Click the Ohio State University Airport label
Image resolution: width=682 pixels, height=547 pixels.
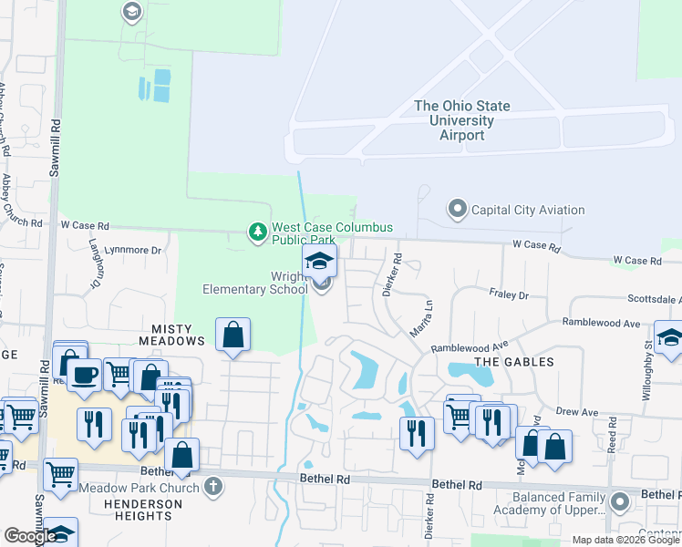pos(462,120)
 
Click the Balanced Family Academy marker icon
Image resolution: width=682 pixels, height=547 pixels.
pos(620,501)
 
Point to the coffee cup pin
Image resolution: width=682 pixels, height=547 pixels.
pos(85,375)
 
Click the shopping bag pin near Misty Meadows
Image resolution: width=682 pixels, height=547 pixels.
pos(233,335)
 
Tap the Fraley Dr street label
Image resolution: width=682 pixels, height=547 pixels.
pos(511,295)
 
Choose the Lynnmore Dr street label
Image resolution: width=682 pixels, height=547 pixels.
pos(133,249)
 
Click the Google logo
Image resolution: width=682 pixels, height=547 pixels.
pos(30,536)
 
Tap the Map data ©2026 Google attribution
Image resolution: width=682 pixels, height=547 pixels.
pos(625,540)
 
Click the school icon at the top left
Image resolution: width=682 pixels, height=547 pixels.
pos(131,12)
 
